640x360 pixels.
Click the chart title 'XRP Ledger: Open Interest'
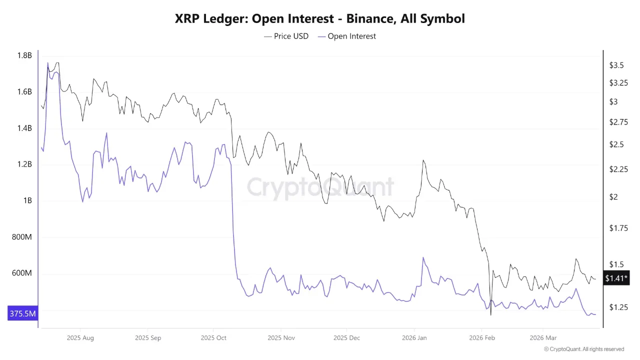pyautogui.click(x=319, y=19)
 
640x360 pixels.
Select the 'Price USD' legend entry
pyautogui.click(x=286, y=36)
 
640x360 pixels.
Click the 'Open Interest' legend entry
pyautogui.click(x=346, y=36)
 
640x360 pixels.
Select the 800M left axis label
pyautogui.click(x=21, y=237)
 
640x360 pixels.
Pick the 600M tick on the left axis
pyautogui.click(x=21, y=273)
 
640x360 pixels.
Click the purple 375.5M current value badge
pyautogui.click(x=22, y=314)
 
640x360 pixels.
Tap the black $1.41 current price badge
pyautogui.click(x=616, y=278)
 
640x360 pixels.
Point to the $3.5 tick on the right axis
pyautogui.click(x=616, y=65)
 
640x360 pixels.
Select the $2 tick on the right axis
pyautogui.click(x=613, y=197)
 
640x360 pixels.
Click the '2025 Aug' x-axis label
pyautogui.click(x=80, y=338)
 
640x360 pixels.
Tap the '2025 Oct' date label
pyautogui.click(x=213, y=338)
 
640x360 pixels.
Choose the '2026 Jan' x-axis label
pyautogui.click(x=414, y=338)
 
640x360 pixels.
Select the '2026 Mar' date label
pyautogui.click(x=543, y=338)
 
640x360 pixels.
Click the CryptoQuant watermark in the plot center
pyautogui.click(x=320, y=187)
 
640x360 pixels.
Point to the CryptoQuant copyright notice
pyautogui.click(x=583, y=349)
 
